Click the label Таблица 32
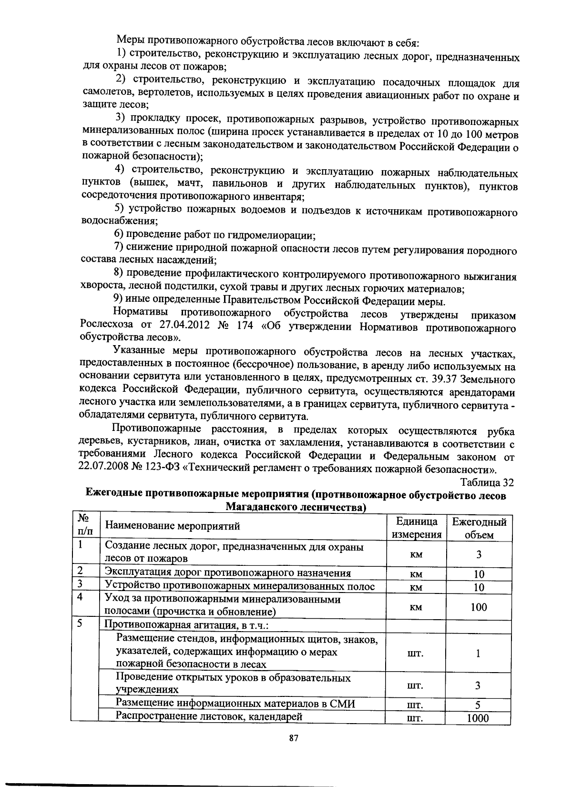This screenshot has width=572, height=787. [x=487, y=482]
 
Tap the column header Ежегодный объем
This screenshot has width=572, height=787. [x=479, y=528]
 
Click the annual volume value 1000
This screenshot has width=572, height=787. [x=478, y=718]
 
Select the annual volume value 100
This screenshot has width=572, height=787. [x=478, y=607]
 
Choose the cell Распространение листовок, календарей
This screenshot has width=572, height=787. [x=210, y=715]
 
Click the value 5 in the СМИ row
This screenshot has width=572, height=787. [x=478, y=705]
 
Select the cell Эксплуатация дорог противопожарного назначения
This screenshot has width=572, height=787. [x=228, y=573]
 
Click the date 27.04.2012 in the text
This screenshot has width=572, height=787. [x=178, y=326]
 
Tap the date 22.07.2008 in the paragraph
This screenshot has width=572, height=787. [x=103, y=467]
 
